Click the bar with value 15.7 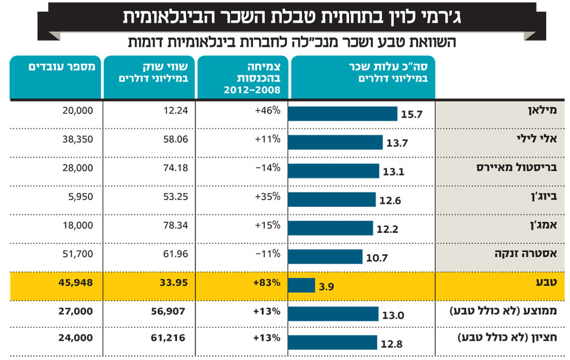pyautogui.click(x=343, y=114)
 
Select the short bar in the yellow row pyautogui.click(x=302, y=286)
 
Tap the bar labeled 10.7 pyautogui.click(x=325, y=257)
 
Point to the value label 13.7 pyautogui.click(x=397, y=143)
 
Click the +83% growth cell pyautogui.click(x=267, y=283)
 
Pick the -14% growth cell pyautogui.click(x=268, y=168)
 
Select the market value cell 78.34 pyautogui.click(x=176, y=225)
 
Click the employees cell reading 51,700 pyautogui.click(x=77, y=254)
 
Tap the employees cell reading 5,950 pyautogui.click(x=80, y=197)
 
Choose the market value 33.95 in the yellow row pyautogui.click(x=174, y=283)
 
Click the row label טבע pyautogui.click(x=546, y=282)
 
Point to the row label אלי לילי pyautogui.click(x=537, y=138)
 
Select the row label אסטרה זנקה pyautogui.click(x=525, y=254)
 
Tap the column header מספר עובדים pyautogui.click(x=62, y=67)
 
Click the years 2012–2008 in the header pyautogui.click(x=252, y=90)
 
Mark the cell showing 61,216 pyautogui.click(x=168, y=338)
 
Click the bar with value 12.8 pyautogui.click(x=332, y=343)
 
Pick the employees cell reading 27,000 pyautogui.click(x=75, y=311)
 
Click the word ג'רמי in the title pyautogui.click(x=438, y=17)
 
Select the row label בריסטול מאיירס pyautogui.click(x=517, y=168)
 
